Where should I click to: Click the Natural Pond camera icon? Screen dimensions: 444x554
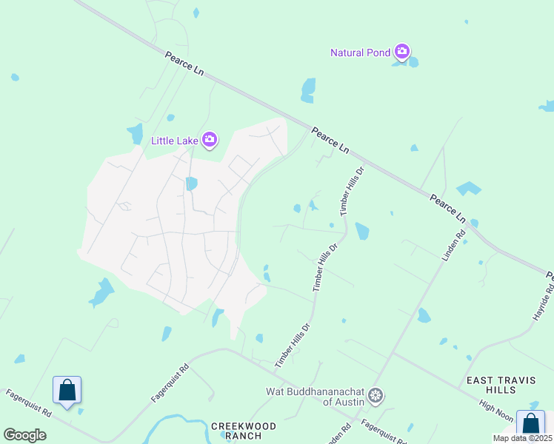click(x=402, y=52)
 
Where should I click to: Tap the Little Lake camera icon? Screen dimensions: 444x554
click(x=210, y=139)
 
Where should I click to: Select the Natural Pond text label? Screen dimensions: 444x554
click(x=361, y=53)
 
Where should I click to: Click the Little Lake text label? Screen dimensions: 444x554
click(x=175, y=140)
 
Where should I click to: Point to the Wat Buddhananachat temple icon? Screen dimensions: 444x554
click(x=376, y=396)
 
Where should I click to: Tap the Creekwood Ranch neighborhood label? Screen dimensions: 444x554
click(x=244, y=431)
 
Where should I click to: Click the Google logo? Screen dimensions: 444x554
click(x=24, y=434)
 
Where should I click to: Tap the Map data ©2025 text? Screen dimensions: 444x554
click(x=523, y=438)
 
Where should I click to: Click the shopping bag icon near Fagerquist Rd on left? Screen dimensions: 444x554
click(x=67, y=389)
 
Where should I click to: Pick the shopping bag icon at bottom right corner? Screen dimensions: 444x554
click(x=530, y=424)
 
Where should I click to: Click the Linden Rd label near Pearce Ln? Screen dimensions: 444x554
click(x=452, y=245)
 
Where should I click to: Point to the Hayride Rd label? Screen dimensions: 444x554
click(x=543, y=299)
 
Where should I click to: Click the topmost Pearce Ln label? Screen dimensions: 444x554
click(x=185, y=67)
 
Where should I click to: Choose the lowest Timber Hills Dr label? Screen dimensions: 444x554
click(x=291, y=346)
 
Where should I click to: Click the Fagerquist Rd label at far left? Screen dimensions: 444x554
click(x=25, y=403)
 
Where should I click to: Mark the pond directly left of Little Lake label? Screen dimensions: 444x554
click(x=136, y=134)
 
